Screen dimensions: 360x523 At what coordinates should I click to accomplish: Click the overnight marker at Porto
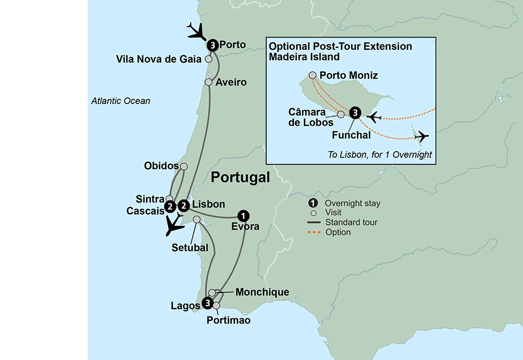coord(212,45)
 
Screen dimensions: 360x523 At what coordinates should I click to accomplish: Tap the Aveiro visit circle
coord(209,82)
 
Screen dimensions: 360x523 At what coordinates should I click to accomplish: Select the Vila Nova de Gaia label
coord(158,59)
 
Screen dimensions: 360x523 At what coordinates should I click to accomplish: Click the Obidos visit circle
coord(184,166)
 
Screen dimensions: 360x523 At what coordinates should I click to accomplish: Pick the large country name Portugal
coord(240,178)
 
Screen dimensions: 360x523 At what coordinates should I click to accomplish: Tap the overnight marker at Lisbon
coord(184,205)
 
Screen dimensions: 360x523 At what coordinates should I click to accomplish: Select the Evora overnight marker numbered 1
coord(243,215)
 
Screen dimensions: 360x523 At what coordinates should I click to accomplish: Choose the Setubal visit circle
coord(197,219)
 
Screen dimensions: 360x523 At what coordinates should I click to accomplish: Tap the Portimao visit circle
coord(217,305)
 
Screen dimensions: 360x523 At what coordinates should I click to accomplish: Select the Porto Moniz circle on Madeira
coord(313,75)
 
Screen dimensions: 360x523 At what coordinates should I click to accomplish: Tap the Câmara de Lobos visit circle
coord(341,114)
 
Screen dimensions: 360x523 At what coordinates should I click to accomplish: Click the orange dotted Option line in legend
coord(314,232)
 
